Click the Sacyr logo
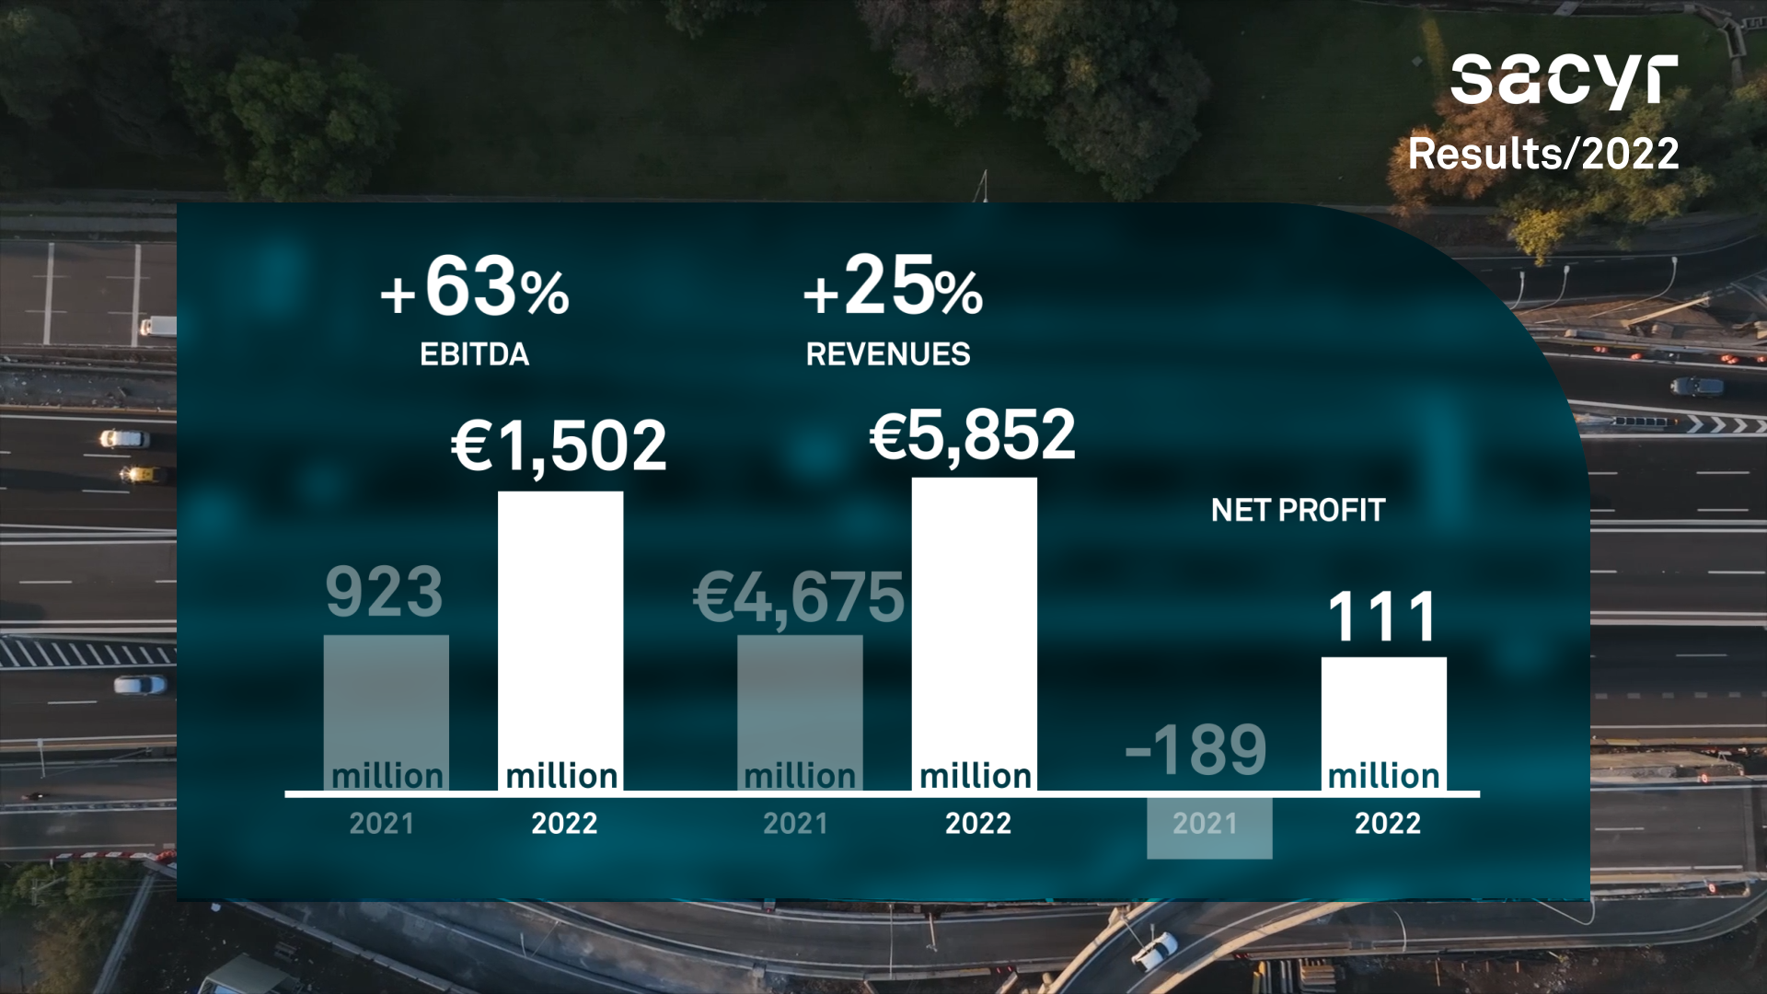[x=1564, y=81]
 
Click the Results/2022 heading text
[x=1543, y=154]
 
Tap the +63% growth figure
[x=475, y=288]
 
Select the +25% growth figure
[x=893, y=286]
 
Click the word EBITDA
[x=474, y=354]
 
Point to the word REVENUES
[x=887, y=354]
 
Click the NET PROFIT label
[x=1298, y=510]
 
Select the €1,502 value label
[x=559, y=446]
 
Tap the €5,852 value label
[x=972, y=435]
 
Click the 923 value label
[x=385, y=592]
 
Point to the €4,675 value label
[x=799, y=597]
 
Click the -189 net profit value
[x=1195, y=750]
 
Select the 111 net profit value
[x=1382, y=617]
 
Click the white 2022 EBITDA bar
[x=560, y=626]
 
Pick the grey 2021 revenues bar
[x=800, y=699]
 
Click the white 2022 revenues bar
[x=975, y=617]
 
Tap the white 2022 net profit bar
[x=1383, y=709]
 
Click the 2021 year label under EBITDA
[x=382, y=823]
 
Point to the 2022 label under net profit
[x=1387, y=823]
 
